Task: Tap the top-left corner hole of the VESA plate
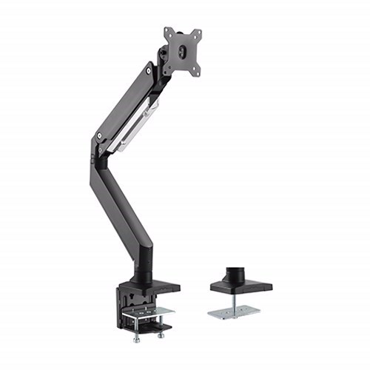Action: coord(168,33)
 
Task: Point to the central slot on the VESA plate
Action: coord(183,51)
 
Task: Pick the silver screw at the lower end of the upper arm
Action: coord(99,136)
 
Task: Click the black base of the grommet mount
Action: coord(240,285)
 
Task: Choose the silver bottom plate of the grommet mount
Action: coord(232,312)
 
